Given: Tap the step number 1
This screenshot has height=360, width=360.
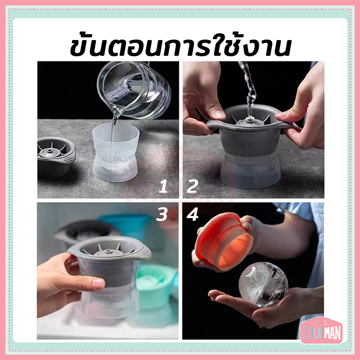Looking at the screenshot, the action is (x=163, y=186).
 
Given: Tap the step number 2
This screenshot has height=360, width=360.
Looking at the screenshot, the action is (x=192, y=186).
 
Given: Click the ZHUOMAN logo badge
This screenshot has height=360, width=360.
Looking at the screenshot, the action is (x=321, y=331).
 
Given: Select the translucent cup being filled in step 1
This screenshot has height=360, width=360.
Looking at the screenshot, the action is (x=116, y=152).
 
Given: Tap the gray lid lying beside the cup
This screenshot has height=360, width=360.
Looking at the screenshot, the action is (x=56, y=156).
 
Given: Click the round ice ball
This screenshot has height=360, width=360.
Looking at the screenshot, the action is (x=263, y=284).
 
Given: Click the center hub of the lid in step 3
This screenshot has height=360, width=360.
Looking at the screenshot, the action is (x=107, y=252).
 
